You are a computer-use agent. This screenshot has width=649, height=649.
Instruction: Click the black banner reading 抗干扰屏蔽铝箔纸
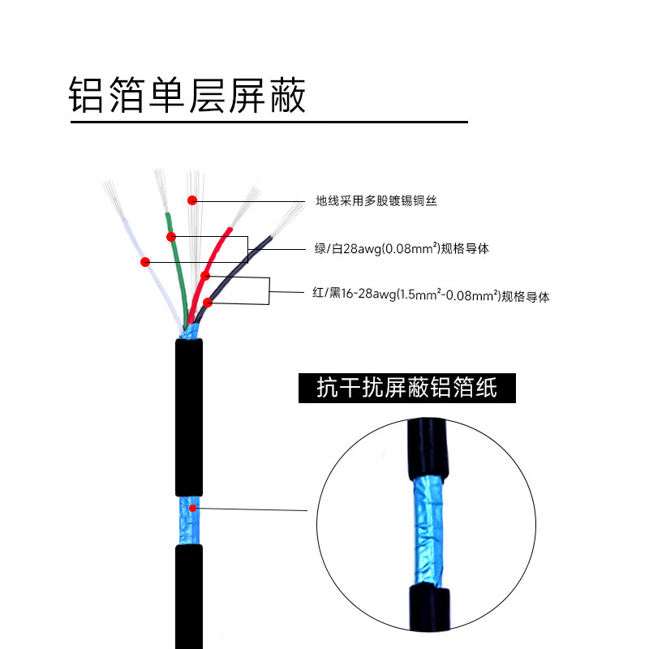(x=406, y=389)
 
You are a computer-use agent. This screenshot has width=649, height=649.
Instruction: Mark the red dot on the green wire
(x=171, y=237)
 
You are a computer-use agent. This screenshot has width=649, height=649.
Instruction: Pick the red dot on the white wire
(x=146, y=261)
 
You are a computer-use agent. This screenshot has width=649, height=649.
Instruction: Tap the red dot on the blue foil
(x=192, y=509)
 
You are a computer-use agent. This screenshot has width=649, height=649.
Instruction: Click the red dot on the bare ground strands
(x=192, y=200)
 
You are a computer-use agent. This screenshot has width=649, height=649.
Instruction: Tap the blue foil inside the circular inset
(x=427, y=527)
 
